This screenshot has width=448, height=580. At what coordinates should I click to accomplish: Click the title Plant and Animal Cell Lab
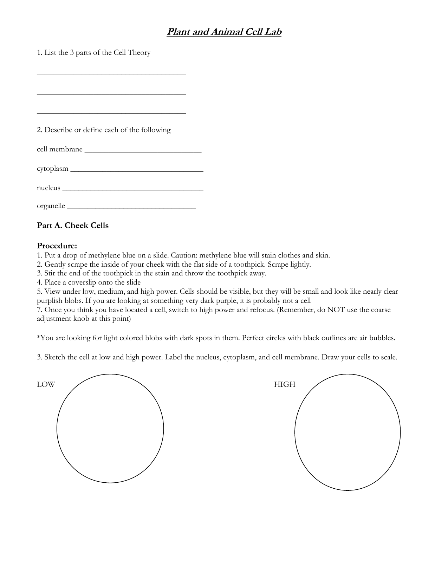pos(224,32)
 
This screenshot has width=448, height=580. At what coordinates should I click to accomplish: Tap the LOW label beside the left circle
pos(46,385)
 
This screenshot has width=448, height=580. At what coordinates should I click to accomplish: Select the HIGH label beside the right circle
pos(285,385)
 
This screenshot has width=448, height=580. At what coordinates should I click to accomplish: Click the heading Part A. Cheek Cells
pos(73,226)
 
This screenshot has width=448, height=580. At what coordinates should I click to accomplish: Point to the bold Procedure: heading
pos(57,245)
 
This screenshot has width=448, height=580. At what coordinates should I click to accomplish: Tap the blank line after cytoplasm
pos(137,170)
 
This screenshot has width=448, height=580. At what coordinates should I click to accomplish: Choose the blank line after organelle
pos(131,208)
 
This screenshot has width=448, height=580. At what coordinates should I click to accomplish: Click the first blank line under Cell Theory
pos(111,74)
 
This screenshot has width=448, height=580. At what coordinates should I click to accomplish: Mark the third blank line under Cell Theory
pos(111,113)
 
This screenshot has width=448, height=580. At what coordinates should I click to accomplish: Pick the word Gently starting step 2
pos(54,265)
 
